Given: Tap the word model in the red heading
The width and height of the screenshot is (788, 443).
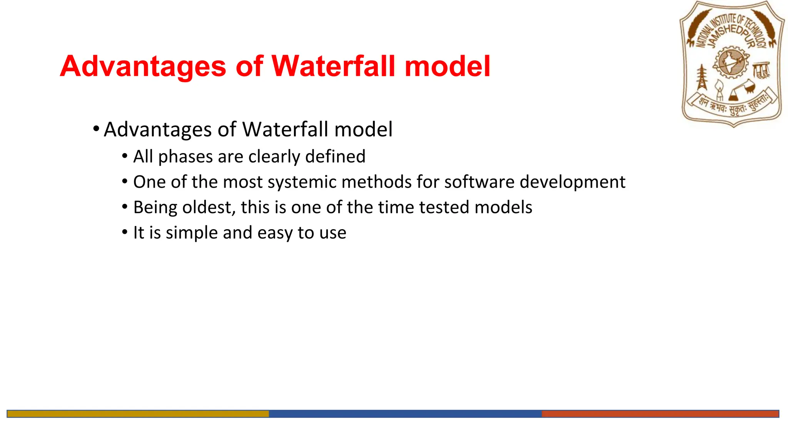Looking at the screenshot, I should [x=447, y=66].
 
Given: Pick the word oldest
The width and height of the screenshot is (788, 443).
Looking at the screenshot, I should [x=207, y=208].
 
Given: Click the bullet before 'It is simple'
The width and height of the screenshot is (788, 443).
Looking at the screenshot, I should [x=125, y=232].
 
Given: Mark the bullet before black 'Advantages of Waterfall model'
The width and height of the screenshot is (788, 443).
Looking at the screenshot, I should [x=96, y=128].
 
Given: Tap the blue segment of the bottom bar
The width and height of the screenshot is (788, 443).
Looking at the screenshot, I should [x=405, y=414].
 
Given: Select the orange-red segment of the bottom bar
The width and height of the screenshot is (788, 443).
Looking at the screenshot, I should [x=660, y=414].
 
